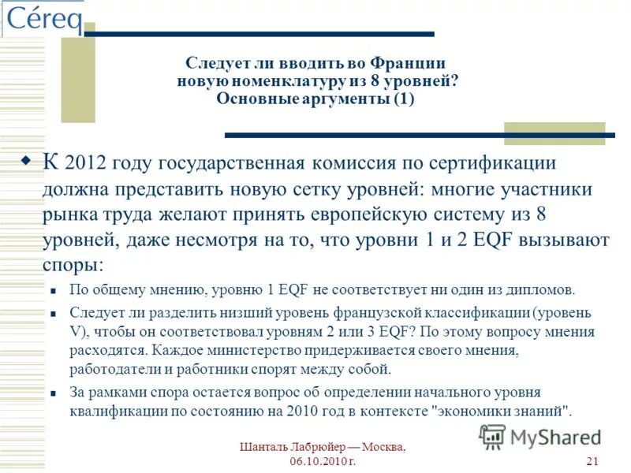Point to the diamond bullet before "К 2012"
pos(25,161)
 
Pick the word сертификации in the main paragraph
pos(493,164)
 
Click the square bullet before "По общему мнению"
pos(52,290)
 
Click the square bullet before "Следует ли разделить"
pos(52,313)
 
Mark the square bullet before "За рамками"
pos(52,393)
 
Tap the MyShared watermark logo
pos(540,436)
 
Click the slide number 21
pos(594,461)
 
